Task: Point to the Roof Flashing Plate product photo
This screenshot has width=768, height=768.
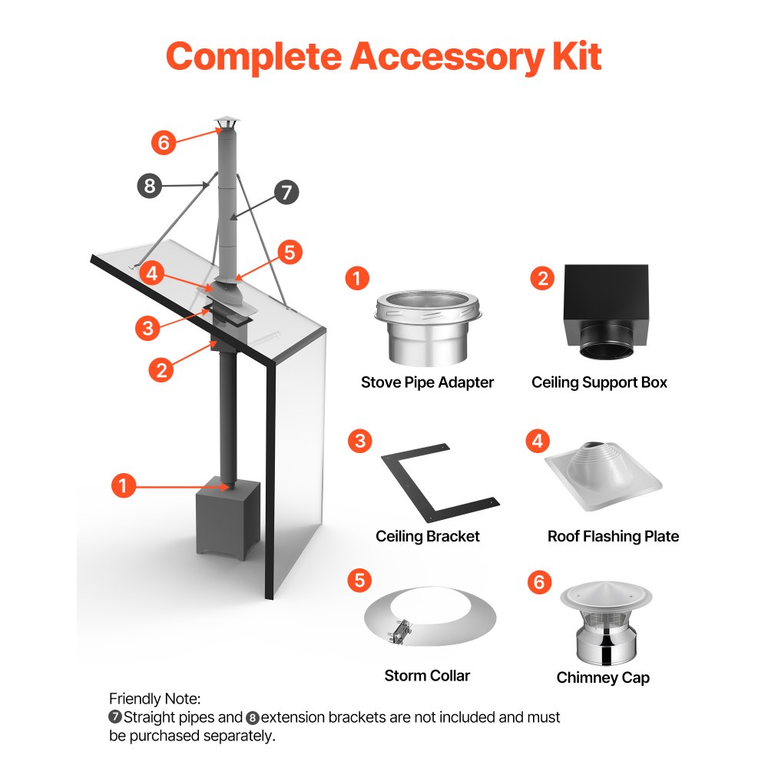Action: tap(603, 478)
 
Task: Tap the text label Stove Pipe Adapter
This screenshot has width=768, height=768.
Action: tap(428, 382)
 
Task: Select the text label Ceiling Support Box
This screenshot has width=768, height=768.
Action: tap(599, 382)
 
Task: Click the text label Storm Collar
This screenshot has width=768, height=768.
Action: tap(427, 676)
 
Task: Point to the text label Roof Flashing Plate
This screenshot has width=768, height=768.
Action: tap(613, 536)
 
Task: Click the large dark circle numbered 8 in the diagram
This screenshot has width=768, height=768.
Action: tap(150, 185)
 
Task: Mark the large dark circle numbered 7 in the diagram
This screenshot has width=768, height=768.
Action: tap(286, 192)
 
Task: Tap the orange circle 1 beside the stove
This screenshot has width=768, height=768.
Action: tap(124, 485)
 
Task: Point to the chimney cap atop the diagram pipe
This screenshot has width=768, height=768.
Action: tap(227, 124)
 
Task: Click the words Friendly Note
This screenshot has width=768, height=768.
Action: tap(154, 698)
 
